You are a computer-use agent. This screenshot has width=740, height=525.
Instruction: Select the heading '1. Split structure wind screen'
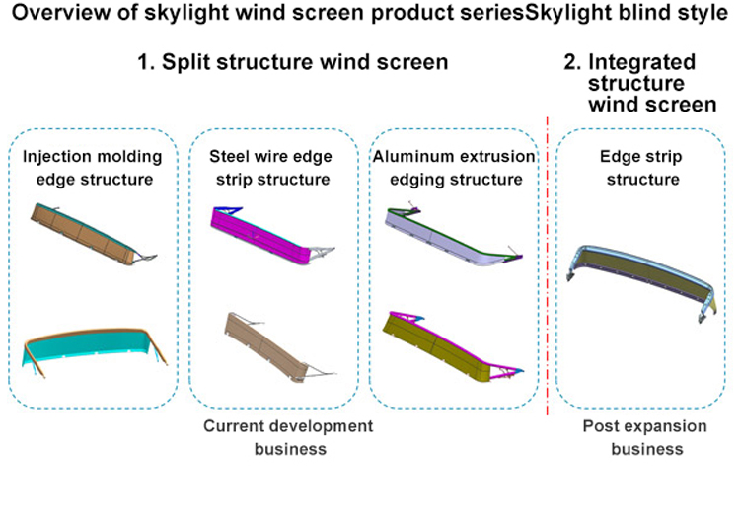pos(293,62)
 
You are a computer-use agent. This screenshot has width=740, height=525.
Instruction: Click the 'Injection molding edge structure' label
pos(92,167)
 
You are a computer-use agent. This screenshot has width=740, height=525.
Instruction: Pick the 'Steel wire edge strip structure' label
pos(270,167)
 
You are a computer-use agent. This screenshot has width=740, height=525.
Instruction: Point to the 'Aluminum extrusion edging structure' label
pos(455,167)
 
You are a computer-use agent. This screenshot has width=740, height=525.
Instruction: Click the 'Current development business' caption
pos(288,437)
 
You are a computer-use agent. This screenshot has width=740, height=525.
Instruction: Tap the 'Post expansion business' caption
pos(646,437)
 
